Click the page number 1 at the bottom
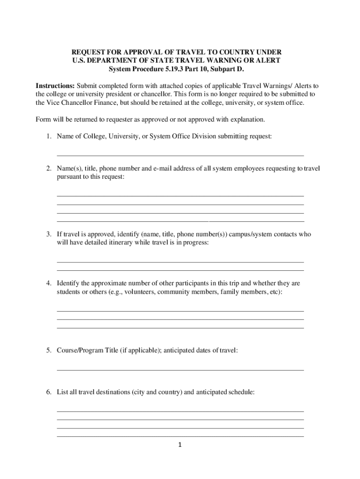(180, 445)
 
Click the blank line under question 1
(180, 155)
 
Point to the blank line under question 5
(180, 370)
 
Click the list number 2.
(48, 168)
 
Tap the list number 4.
(48, 283)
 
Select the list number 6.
(48, 392)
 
